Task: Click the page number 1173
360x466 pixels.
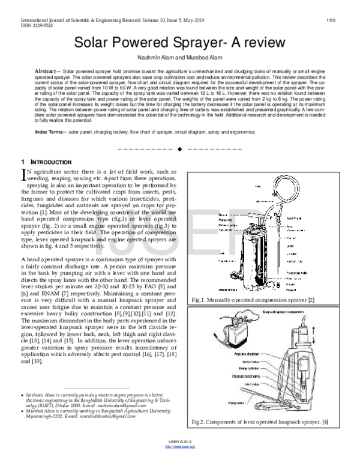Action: tap(347, 22)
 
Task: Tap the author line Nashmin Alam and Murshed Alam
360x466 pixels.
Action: tap(180, 60)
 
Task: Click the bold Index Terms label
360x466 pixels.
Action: tap(50, 131)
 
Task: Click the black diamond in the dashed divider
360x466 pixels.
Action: tap(179, 148)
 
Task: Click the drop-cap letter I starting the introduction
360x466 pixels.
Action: tap(24, 174)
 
